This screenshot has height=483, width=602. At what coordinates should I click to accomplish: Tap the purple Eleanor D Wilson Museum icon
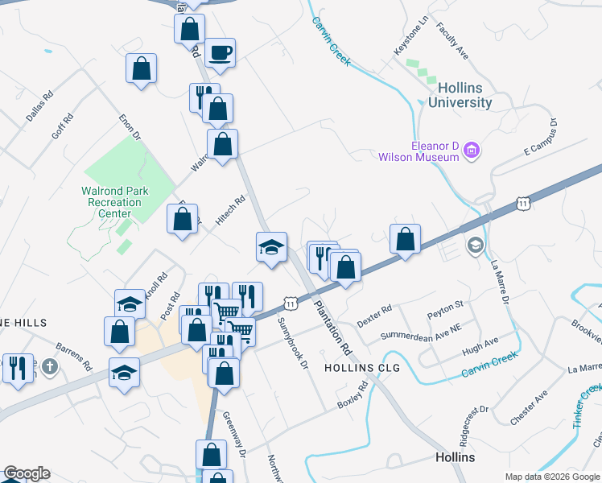tap(472, 151)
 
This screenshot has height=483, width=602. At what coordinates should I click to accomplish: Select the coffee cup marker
tap(220, 54)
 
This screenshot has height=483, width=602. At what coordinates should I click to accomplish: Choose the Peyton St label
tap(446, 306)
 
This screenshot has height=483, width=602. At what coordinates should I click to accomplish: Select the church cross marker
tap(50, 368)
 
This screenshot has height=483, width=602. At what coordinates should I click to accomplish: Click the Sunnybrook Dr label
tap(293, 343)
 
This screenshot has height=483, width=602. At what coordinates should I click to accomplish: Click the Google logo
tap(27, 473)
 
